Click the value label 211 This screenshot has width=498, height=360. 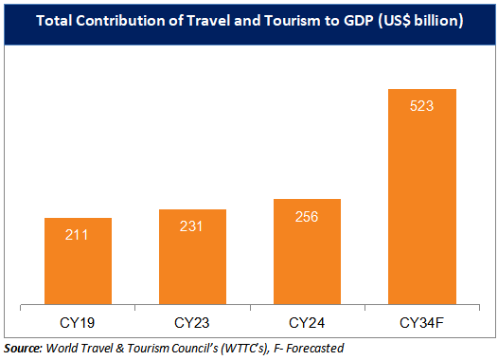tap(79, 234)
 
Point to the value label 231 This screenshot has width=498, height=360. tap(193, 225)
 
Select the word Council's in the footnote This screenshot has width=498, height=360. tap(187, 348)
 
